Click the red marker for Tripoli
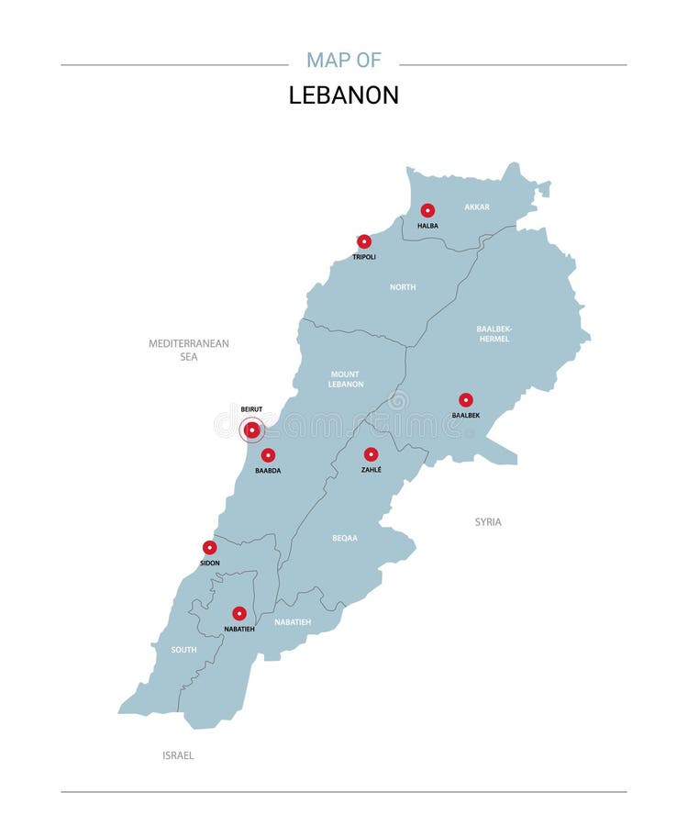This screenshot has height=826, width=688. coord(364,241)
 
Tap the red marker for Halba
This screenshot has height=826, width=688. coord(427,210)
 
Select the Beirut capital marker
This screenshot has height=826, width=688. coord(251,429)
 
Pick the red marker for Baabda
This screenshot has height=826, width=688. coord(268,455)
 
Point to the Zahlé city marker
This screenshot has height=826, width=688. coord(371,454)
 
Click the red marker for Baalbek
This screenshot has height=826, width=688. coord(466,400)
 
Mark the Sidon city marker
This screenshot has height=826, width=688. coord(210,548)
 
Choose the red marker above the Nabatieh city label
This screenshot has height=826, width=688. coord(239,613)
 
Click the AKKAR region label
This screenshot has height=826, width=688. coord(477,207)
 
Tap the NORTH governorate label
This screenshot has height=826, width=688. coord(403,287)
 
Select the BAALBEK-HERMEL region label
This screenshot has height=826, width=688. coord(494,333)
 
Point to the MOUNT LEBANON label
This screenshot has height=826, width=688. coord(346,379)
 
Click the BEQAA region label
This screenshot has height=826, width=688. coord(345,538)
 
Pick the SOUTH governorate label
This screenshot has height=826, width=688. coord(183,650)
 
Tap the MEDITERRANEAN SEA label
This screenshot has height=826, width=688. coord(189,350)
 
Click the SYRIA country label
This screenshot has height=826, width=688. coord(488,522)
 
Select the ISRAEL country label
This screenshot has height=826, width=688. coord(178,755)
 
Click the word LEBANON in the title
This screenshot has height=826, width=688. coord(344,95)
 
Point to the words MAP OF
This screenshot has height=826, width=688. coord(344,61)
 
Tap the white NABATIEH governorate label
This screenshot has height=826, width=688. coord(293,622)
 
